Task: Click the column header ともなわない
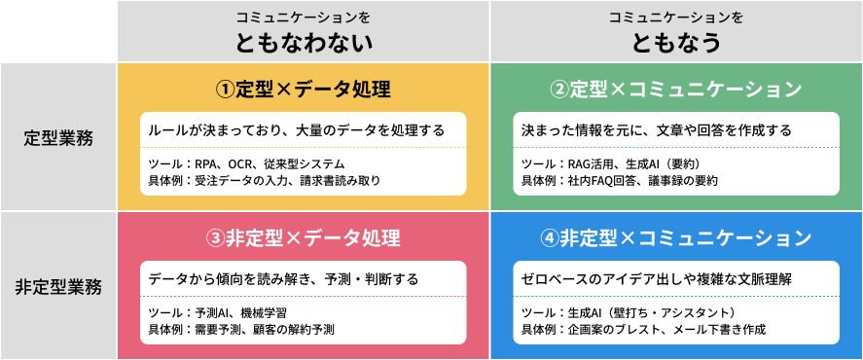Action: tap(304, 42)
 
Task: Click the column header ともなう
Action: tap(675, 42)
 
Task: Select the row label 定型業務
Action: tap(58, 138)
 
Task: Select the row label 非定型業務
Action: tap(58, 287)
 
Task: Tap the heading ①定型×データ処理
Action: tap(304, 90)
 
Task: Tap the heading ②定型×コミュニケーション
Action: tap(675, 90)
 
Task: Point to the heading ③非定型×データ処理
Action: tap(304, 238)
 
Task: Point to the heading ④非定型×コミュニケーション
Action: tap(675, 238)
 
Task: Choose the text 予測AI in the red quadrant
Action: tap(207, 312)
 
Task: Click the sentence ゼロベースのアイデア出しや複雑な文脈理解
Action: tap(657, 278)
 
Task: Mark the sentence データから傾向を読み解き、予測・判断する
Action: tap(283, 278)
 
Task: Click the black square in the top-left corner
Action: tap(58, 31)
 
